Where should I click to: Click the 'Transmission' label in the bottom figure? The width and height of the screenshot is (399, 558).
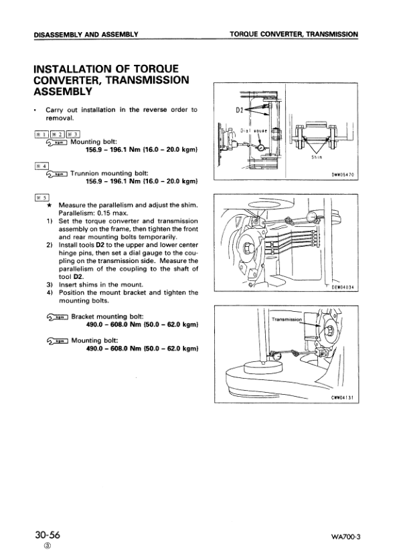[288, 319]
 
